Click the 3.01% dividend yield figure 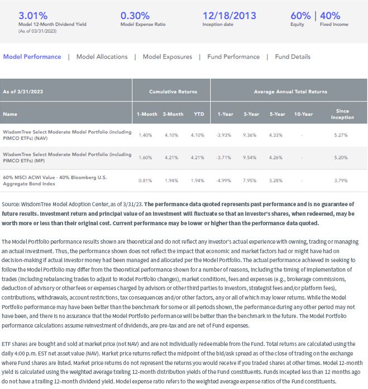coord(33,16)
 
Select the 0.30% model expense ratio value coord(135,16)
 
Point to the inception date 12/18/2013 coord(230,16)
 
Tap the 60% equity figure coord(300,16)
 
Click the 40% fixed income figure coord(330,16)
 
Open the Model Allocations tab coord(102,56)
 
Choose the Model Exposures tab coord(168,56)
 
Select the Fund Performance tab coord(233,56)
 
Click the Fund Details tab coord(293,56)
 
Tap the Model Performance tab coord(32,56)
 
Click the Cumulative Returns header coord(173,92)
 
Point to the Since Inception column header coord(342,114)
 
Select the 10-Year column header coord(303,114)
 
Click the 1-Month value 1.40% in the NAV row coord(145,135)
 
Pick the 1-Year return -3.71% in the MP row coord(223,158)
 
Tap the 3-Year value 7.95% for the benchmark coord(250,181)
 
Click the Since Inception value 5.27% coord(341,135)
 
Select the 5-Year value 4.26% coord(275,158)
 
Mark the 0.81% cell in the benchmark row coord(145,181)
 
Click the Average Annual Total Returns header coord(290,92)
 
